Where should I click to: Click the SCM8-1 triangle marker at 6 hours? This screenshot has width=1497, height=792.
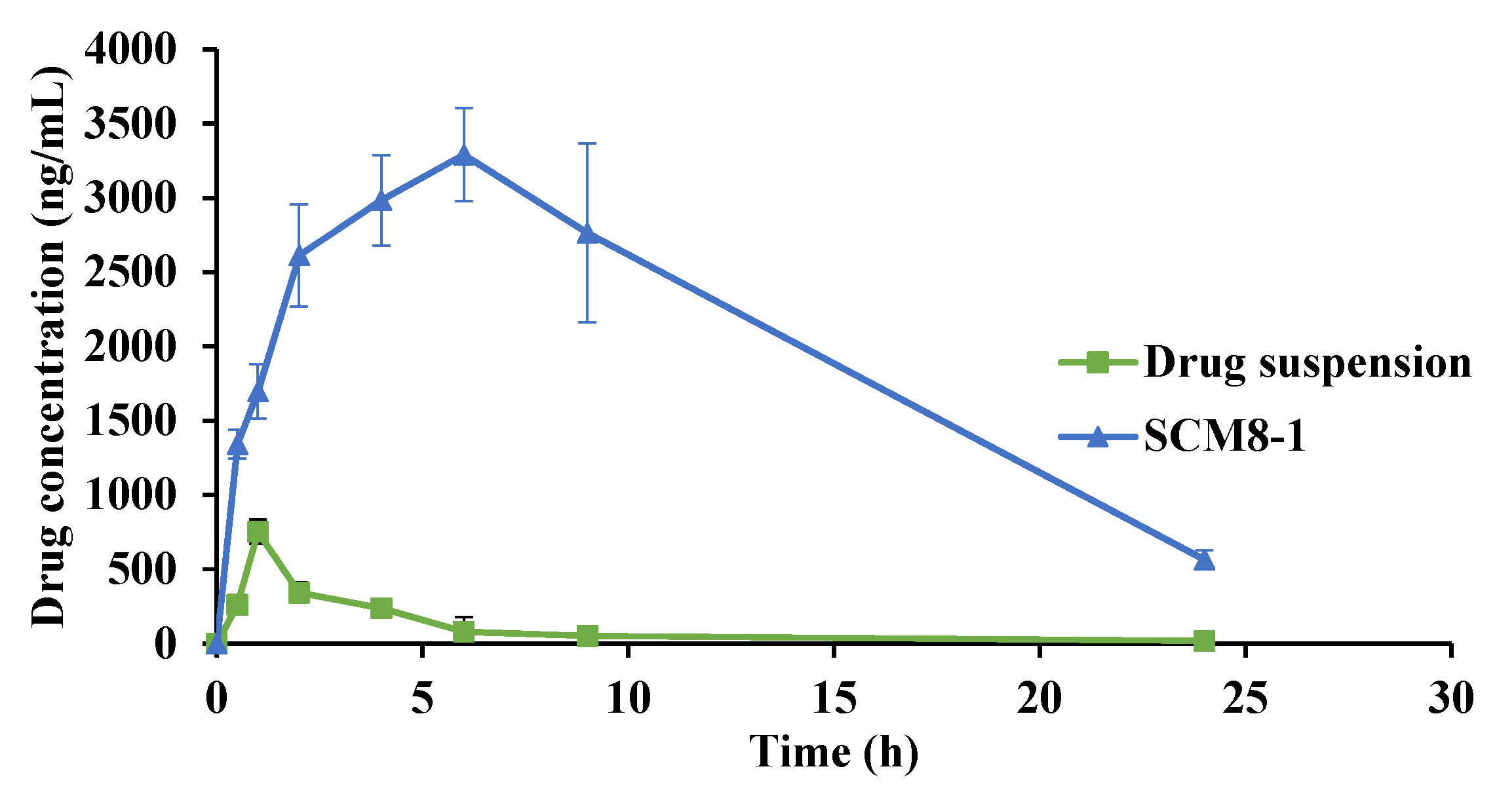pyautogui.click(x=464, y=156)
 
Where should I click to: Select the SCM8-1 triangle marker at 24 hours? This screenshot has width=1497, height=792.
pyautogui.click(x=1204, y=561)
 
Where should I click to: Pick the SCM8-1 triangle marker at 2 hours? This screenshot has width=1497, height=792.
pyautogui.click(x=299, y=256)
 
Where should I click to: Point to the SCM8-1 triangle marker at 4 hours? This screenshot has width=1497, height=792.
pyautogui.click(x=381, y=200)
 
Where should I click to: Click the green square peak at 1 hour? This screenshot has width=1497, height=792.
pyautogui.click(x=258, y=532)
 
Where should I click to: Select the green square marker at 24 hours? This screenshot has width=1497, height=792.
pyautogui.click(x=1204, y=641)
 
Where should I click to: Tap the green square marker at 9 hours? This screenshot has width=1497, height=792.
pyautogui.click(x=587, y=635)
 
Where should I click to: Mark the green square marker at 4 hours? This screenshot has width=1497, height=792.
pyautogui.click(x=381, y=608)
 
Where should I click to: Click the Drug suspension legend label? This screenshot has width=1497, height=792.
pyautogui.click(x=1307, y=362)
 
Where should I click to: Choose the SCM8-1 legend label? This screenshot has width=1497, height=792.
pyautogui.click(x=1224, y=436)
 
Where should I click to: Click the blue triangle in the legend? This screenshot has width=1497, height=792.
pyautogui.click(x=1098, y=436)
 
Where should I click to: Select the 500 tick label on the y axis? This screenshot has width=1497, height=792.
pyautogui.click(x=142, y=569)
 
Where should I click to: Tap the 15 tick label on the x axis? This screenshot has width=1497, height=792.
pyautogui.click(x=834, y=699)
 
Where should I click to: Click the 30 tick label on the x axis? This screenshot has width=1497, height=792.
pyautogui.click(x=1451, y=699)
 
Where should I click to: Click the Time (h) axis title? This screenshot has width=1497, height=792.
pyautogui.click(x=834, y=751)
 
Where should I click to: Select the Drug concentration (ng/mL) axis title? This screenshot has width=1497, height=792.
pyautogui.click(x=50, y=347)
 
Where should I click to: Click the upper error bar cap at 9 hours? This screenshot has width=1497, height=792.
pyautogui.click(x=587, y=143)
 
